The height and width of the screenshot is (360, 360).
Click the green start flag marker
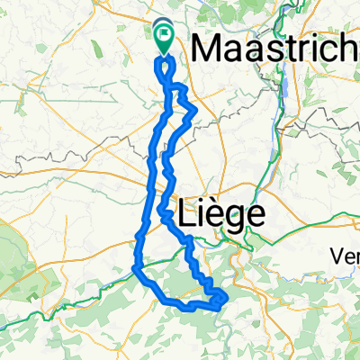[x=165, y=38]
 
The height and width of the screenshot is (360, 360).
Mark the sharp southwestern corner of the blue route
[x=134, y=268]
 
